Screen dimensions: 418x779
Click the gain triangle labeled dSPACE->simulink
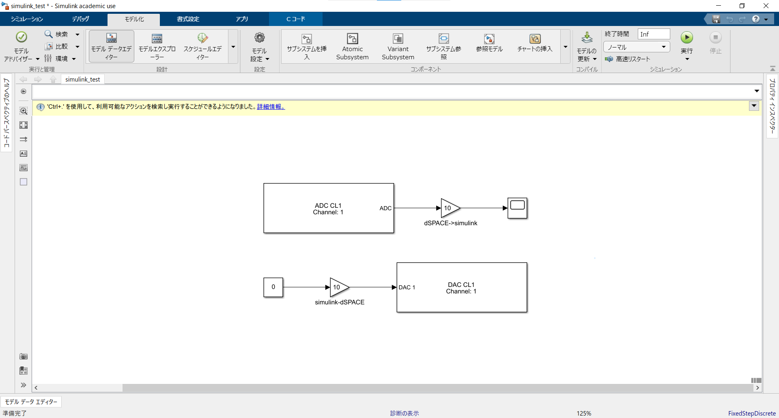point(450,208)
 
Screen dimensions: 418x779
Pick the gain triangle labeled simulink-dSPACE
point(338,287)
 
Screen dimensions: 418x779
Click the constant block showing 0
point(273,287)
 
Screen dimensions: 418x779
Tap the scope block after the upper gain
point(517,208)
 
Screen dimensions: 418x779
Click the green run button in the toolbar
point(686,38)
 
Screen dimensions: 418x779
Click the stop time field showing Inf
point(653,34)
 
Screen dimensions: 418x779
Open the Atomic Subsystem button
point(352,47)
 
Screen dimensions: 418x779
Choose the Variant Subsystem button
point(398,47)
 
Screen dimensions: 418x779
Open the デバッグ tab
point(80,19)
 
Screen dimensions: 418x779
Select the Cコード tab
point(295,19)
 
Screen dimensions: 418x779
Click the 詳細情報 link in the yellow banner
point(271,107)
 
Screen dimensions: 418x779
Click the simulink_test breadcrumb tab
point(82,80)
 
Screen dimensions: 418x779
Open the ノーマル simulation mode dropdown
point(636,47)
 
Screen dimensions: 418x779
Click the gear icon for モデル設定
point(259,38)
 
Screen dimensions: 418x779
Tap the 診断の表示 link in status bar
point(404,413)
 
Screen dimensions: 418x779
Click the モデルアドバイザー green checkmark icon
point(21,37)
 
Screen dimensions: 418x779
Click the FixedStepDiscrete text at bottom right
point(751,413)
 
